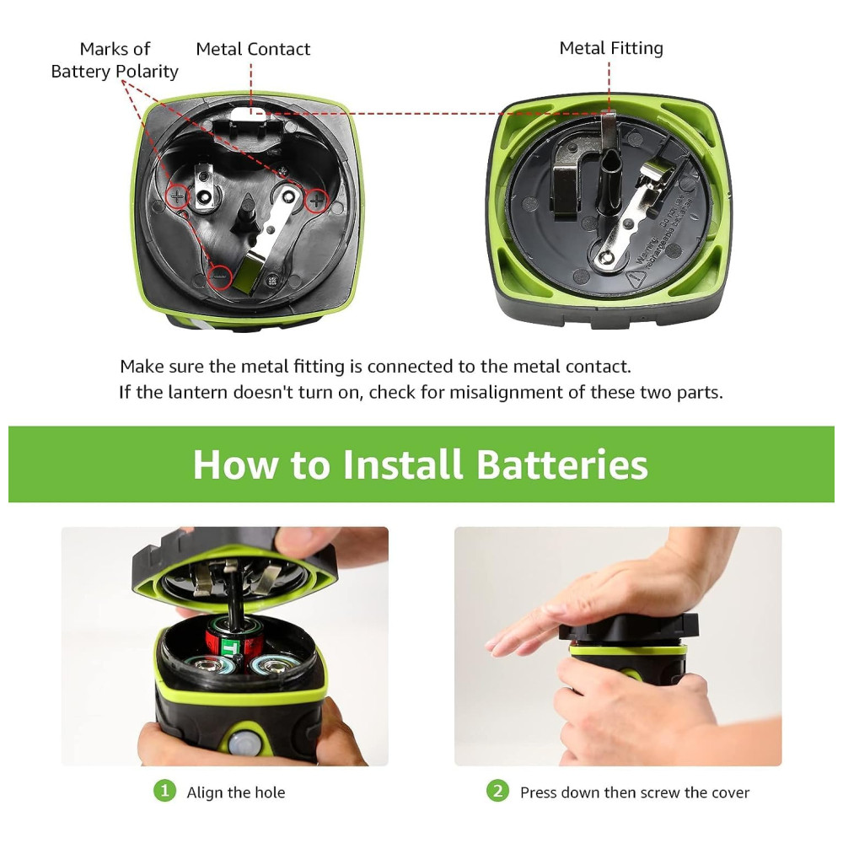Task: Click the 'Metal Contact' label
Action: tap(253, 49)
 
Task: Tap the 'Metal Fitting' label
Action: tap(610, 48)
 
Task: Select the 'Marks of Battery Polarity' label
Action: tap(115, 60)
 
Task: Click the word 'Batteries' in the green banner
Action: tap(561, 464)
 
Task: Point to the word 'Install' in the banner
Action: tap(402, 464)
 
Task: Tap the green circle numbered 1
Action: tap(164, 791)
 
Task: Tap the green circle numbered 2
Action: tap(498, 791)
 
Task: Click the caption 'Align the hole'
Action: tap(235, 792)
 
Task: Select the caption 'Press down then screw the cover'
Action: tap(635, 792)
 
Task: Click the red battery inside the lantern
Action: tap(233, 640)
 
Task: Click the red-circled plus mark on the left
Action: tap(177, 196)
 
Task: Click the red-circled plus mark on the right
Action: tap(317, 201)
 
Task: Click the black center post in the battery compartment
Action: tap(247, 213)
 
